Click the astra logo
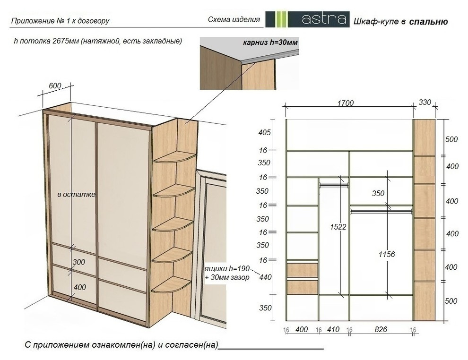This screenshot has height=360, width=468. click(307, 19)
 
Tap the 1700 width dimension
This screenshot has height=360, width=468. click(346, 103)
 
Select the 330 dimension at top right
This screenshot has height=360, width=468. click(425, 103)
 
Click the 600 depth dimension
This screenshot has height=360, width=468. click(55, 86)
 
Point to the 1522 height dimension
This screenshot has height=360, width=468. click(338, 227)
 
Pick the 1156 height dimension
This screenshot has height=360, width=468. click(387, 255)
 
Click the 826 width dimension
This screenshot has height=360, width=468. click(381, 329)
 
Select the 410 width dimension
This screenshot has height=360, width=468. click(333, 329)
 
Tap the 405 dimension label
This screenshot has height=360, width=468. click(264, 132)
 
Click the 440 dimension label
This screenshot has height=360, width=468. click(265, 277)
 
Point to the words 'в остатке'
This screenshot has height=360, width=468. click(77, 195)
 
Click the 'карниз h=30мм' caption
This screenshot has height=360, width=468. click(270, 43)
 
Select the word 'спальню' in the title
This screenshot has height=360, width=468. click(429, 21)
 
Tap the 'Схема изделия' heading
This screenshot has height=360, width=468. click(234, 20)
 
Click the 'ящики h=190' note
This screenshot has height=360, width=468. click(227, 268)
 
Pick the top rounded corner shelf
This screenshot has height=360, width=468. click(174, 157)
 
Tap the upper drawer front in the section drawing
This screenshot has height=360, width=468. click(303, 270)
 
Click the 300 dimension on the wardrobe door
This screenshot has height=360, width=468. click(79, 262)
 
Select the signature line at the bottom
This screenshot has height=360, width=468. click(271, 349)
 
